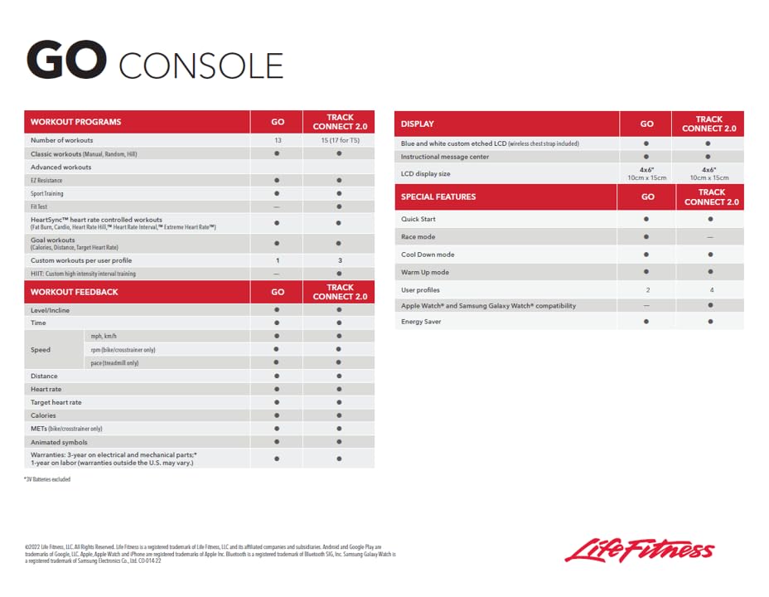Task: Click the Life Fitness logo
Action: tap(639, 550)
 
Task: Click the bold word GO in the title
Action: tap(66, 61)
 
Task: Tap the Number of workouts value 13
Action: tap(278, 141)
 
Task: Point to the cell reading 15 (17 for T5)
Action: tap(339, 141)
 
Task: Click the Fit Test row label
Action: tap(39, 206)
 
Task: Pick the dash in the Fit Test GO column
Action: tap(278, 206)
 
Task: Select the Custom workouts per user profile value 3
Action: tap(339, 260)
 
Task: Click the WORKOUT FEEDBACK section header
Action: tap(74, 292)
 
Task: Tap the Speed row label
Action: tap(41, 350)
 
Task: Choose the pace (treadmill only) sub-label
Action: tap(114, 363)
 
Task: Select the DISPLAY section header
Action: tap(417, 124)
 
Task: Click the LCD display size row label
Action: tap(425, 174)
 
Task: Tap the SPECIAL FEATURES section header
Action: tap(438, 197)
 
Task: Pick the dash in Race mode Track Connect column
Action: tap(709, 237)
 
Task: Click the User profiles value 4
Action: tap(709, 290)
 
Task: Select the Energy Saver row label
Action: tap(421, 322)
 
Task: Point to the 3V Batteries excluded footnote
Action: tap(47, 479)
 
